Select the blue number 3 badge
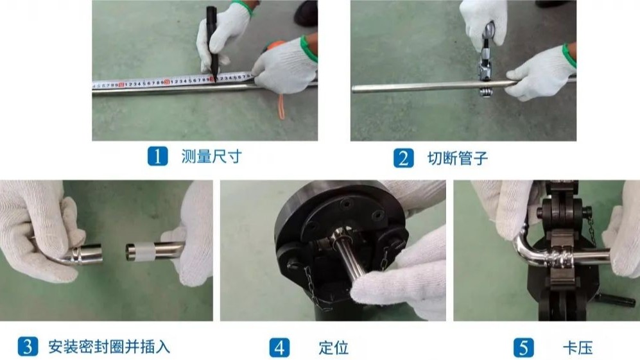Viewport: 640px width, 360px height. (x=27, y=347)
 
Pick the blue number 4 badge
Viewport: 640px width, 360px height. (x=279, y=348)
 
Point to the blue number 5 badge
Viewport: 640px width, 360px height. (x=523, y=348)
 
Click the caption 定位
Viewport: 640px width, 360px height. (x=334, y=348)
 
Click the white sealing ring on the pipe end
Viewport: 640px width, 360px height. (x=140, y=250)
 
